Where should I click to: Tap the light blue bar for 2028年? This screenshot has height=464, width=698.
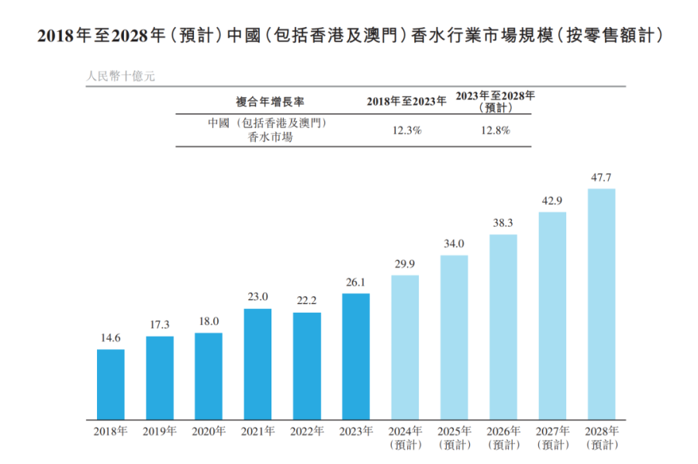coord(602,303)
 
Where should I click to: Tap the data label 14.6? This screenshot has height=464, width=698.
coord(111,338)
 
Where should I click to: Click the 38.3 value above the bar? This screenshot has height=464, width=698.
coord(503,223)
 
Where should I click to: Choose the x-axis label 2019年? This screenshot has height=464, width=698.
coord(160,431)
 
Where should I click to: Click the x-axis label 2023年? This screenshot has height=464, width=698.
coord(356,431)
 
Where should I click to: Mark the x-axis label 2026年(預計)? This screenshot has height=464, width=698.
coord(503,437)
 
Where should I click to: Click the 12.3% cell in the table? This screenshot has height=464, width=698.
coord(407,130)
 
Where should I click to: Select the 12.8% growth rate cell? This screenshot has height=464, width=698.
coord(495,130)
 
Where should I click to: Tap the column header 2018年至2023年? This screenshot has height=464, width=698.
coord(406,101)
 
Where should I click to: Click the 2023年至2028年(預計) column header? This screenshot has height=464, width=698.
coord(495,101)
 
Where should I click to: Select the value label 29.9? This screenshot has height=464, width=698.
coord(405,265)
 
